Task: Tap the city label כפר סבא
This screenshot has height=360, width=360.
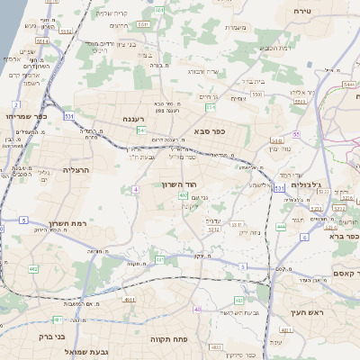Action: (209, 130)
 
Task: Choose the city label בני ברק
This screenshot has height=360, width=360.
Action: (21, 336)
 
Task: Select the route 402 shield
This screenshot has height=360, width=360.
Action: (184, 195)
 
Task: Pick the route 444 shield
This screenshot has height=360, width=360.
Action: (281, 228)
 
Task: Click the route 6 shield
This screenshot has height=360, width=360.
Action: (304, 237)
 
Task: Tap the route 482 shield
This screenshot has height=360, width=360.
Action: (33, 269)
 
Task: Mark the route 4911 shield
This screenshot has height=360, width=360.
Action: (129, 300)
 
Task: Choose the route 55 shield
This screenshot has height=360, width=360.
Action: (295, 133)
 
